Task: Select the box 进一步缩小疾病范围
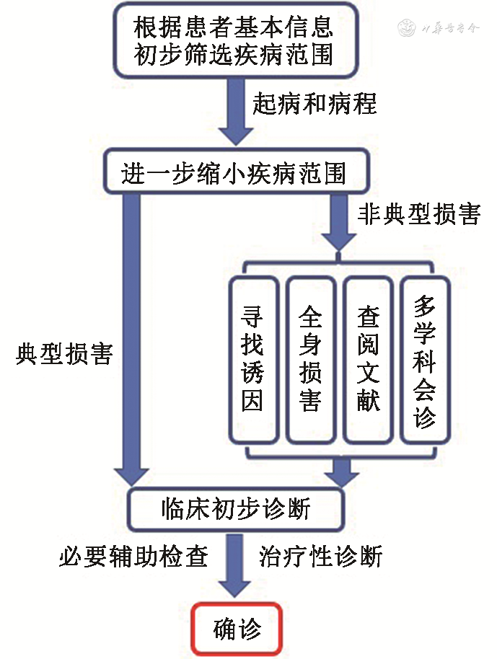pyautogui.click(x=234, y=174)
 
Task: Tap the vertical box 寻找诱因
pyautogui.click(x=252, y=359)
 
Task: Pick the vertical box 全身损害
pyautogui.click(x=310, y=359)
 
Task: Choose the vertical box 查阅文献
pyautogui.click(x=368, y=359)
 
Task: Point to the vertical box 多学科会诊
pyautogui.click(x=426, y=359)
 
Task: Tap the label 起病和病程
pyautogui.click(x=315, y=104)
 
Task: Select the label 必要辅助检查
pyautogui.click(x=133, y=556)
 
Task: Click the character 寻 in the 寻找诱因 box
pyautogui.click(x=252, y=317)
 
